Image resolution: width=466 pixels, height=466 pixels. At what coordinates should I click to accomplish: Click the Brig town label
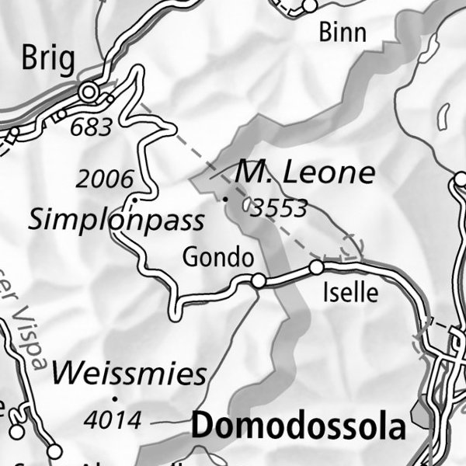(x=48, y=58)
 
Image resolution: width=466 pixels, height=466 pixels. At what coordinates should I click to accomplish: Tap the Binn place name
(x=343, y=33)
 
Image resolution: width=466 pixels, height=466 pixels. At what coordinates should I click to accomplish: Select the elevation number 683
(x=91, y=127)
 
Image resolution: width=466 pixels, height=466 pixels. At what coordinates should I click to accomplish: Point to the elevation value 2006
(x=105, y=179)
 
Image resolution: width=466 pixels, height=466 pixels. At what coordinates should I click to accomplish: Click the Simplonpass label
(x=116, y=220)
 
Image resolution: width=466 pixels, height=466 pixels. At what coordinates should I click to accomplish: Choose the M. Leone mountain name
(x=305, y=172)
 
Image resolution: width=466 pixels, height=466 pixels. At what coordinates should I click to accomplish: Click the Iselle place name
(x=350, y=293)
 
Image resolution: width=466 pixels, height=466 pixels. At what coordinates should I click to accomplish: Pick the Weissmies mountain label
(x=130, y=374)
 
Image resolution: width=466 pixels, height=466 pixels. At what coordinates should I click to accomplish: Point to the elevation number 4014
(x=113, y=420)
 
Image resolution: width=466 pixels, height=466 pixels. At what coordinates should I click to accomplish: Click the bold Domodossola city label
(x=299, y=426)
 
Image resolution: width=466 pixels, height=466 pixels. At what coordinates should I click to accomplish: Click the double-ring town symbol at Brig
(x=89, y=93)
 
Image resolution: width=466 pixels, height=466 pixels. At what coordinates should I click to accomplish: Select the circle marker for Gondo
(x=259, y=280)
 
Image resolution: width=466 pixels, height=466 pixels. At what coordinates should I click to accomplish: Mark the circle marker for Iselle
(x=316, y=267)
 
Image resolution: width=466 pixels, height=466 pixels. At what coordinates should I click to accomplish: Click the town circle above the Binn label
(x=310, y=6)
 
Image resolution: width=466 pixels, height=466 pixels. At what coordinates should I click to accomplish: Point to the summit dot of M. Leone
(x=226, y=200)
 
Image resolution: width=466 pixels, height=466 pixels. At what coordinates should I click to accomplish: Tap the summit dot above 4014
(x=115, y=398)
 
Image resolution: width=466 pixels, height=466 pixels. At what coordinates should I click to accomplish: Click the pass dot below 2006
(x=134, y=200)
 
